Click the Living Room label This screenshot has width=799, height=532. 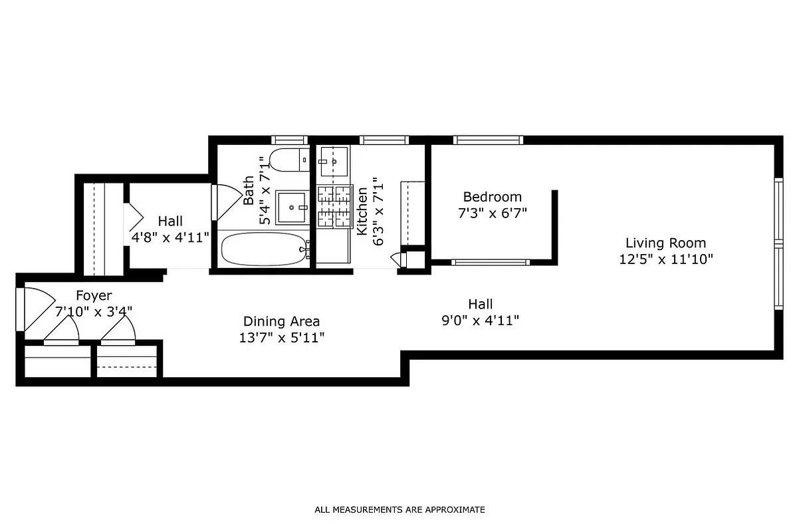(x=665, y=243)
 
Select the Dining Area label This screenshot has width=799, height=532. (x=281, y=321)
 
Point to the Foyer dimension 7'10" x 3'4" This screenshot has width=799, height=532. (x=94, y=311)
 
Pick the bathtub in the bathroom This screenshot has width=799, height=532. (x=265, y=249)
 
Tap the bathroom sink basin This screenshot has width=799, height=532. (x=291, y=207)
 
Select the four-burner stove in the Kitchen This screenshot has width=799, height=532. (x=334, y=205)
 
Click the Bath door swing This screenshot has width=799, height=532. (x=225, y=203)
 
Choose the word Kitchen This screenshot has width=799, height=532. (x=363, y=211)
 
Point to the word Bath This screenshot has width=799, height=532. (x=249, y=190)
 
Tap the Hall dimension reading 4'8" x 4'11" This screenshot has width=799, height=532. (x=170, y=237)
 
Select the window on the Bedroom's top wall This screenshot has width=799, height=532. (x=488, y=140)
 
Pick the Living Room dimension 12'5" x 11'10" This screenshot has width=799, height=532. (x=665, y=260)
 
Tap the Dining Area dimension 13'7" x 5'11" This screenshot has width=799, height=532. (x=281, y=338)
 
